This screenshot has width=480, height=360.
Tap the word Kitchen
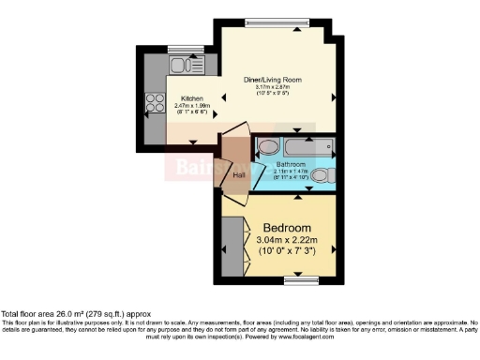click(192, 98)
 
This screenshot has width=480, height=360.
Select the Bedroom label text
click(287, 229)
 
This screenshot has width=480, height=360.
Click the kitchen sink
click(180, 65)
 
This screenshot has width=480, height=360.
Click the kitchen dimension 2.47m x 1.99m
click(192, 106)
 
